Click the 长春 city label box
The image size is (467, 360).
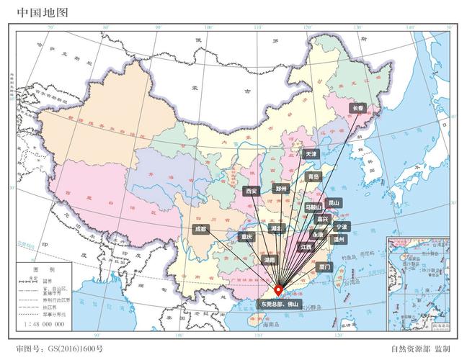pyautogui.click(x=359, y=108)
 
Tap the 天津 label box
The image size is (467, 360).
pyautogui.click(x=311, y=154)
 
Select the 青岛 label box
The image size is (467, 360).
pyautogui.click(x=313, y=176)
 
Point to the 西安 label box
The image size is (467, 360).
pyautogui.click(x=251, y=192)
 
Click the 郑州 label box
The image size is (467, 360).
pyautogui.click(x=281, y=189)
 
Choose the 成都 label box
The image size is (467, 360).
pyautogui.click(x=200, y=229)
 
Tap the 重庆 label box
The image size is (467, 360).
pyautogui.click(x=248, y=236)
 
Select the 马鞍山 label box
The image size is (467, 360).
pyautogui.click(x=313, y=207)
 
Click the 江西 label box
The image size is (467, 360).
pyautogui.click(x=308, y=247)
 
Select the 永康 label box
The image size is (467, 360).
pyautogui.click(x=318, y=235)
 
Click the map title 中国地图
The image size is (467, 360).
pyautogui.click(x=35, y=12)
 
